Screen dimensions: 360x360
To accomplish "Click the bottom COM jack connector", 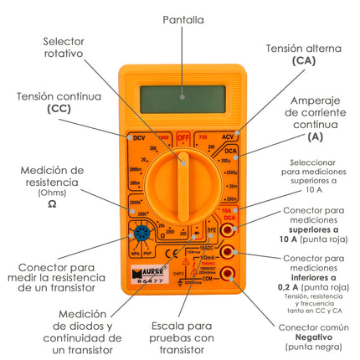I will click(229, 273).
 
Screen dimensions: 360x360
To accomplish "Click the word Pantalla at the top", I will click(183, 18).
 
